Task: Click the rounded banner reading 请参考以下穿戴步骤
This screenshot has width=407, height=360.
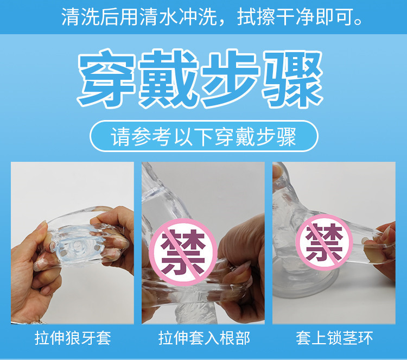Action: click(203, 136)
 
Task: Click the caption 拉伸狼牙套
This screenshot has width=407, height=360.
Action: click(73, 338)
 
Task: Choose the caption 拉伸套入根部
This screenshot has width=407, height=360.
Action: click(204, 338)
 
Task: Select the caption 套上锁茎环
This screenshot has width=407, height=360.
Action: click(334, 338)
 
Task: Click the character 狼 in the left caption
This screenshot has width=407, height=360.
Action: click(73, 338)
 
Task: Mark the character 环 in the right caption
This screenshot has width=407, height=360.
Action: click(366, 338)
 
